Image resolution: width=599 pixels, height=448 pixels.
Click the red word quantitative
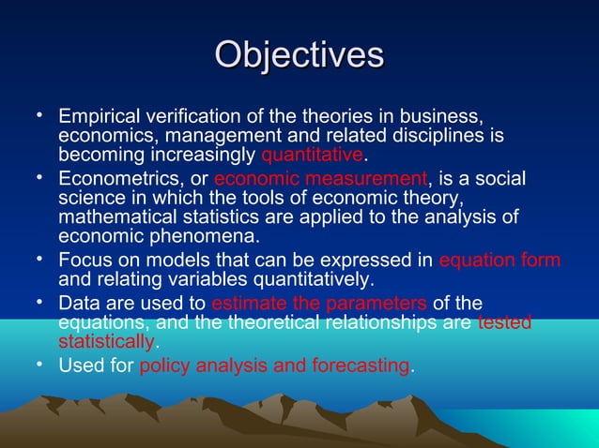coord(311,155)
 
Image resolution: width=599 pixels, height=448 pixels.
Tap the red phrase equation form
coord(499,261)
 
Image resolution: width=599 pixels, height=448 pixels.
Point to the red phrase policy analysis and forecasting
coord(274,366)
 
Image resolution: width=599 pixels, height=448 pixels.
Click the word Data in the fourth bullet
coord(78,302)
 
